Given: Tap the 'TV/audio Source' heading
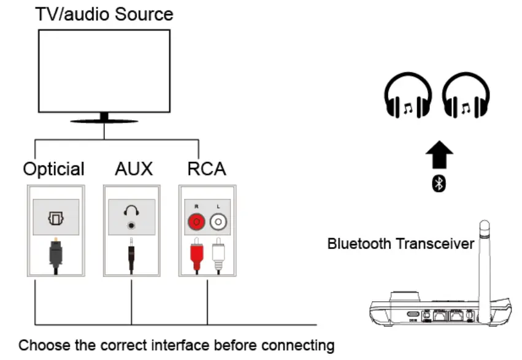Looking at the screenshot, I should tap(104, 13).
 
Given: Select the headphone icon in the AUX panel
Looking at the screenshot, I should tap(131, 212).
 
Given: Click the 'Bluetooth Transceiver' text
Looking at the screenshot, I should tap(401, 244).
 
